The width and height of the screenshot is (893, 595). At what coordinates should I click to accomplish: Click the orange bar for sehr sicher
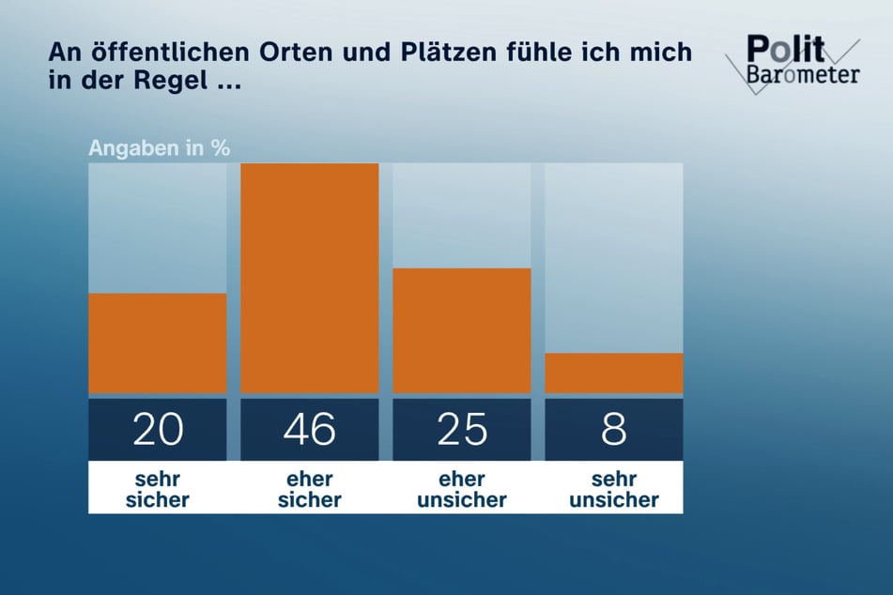click(157, 343)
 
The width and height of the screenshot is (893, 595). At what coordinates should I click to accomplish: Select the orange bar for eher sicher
click(310, 278)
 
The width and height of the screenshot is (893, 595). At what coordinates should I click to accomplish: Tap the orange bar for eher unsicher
click(462, 330)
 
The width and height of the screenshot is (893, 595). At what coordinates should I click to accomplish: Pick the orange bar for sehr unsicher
click(614, 373)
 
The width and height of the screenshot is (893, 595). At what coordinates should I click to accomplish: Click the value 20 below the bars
click(157, 430)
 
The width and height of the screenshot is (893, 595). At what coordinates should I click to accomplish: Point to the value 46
click(310, 430)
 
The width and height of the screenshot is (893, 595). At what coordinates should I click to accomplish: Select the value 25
click(462, 430)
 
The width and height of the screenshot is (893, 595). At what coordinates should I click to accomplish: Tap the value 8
click(614, 430)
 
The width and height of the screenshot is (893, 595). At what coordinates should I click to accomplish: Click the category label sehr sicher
click(157, 489)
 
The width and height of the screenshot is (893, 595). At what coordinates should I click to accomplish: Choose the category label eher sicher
click(310, 489)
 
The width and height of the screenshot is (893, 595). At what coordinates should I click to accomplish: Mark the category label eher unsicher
click(462, 489)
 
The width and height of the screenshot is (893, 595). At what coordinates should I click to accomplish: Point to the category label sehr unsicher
click(614, 489)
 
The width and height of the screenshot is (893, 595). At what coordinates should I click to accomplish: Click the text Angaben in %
click(159, 147)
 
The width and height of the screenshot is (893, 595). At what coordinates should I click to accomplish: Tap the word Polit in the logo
click(786, 50)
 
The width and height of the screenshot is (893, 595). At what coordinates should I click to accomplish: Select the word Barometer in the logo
click(804, 75)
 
